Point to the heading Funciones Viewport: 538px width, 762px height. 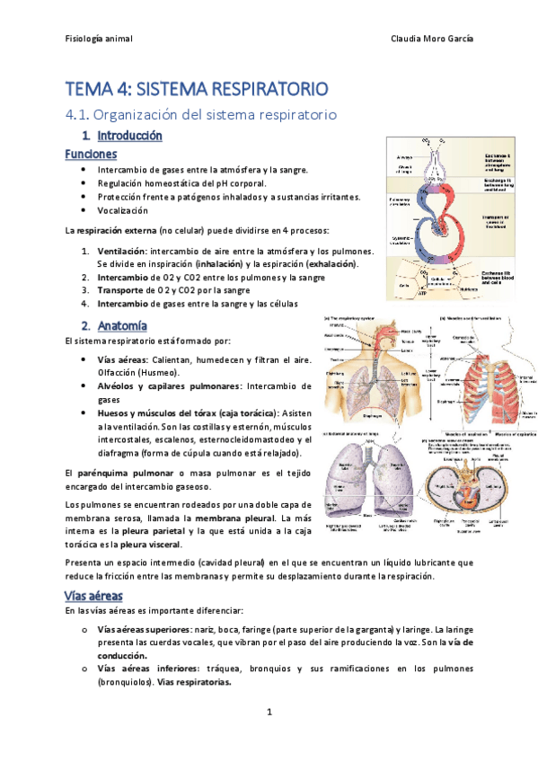click(91, 155)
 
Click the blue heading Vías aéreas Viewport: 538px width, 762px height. click(93, 596)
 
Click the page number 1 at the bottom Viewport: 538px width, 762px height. click(269, 713)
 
